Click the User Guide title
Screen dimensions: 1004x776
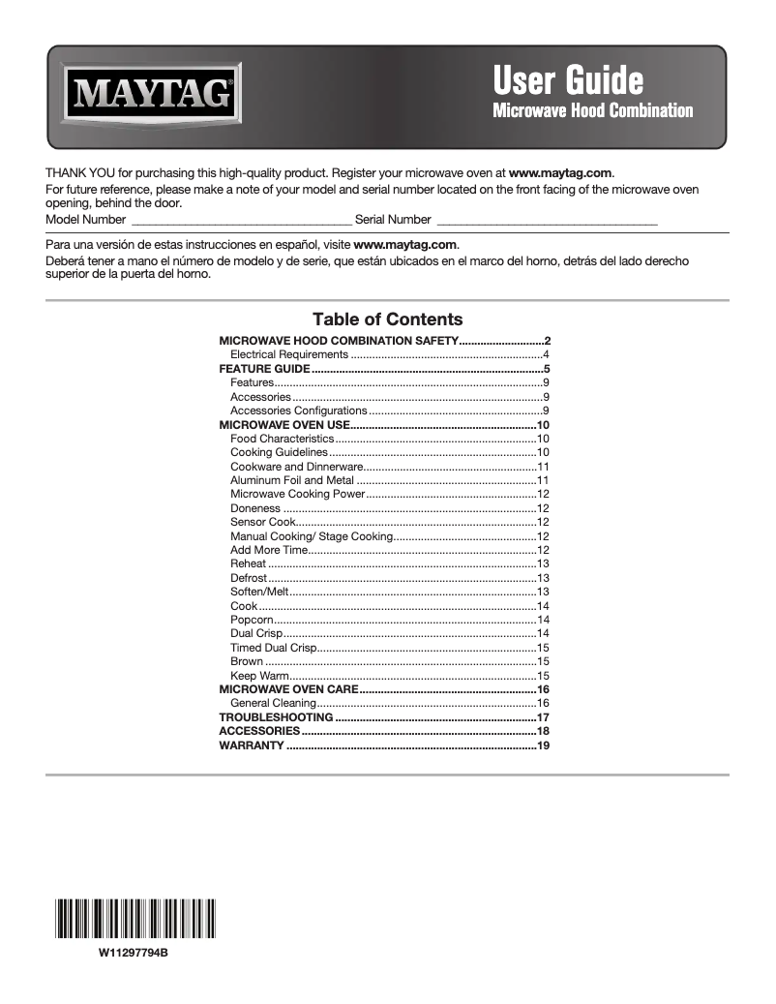567,78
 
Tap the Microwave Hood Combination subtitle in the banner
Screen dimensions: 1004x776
592,110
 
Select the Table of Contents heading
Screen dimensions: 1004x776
387,319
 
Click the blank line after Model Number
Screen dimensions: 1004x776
240,222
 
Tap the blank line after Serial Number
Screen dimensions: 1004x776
547,222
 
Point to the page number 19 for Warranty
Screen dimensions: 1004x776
543,746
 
